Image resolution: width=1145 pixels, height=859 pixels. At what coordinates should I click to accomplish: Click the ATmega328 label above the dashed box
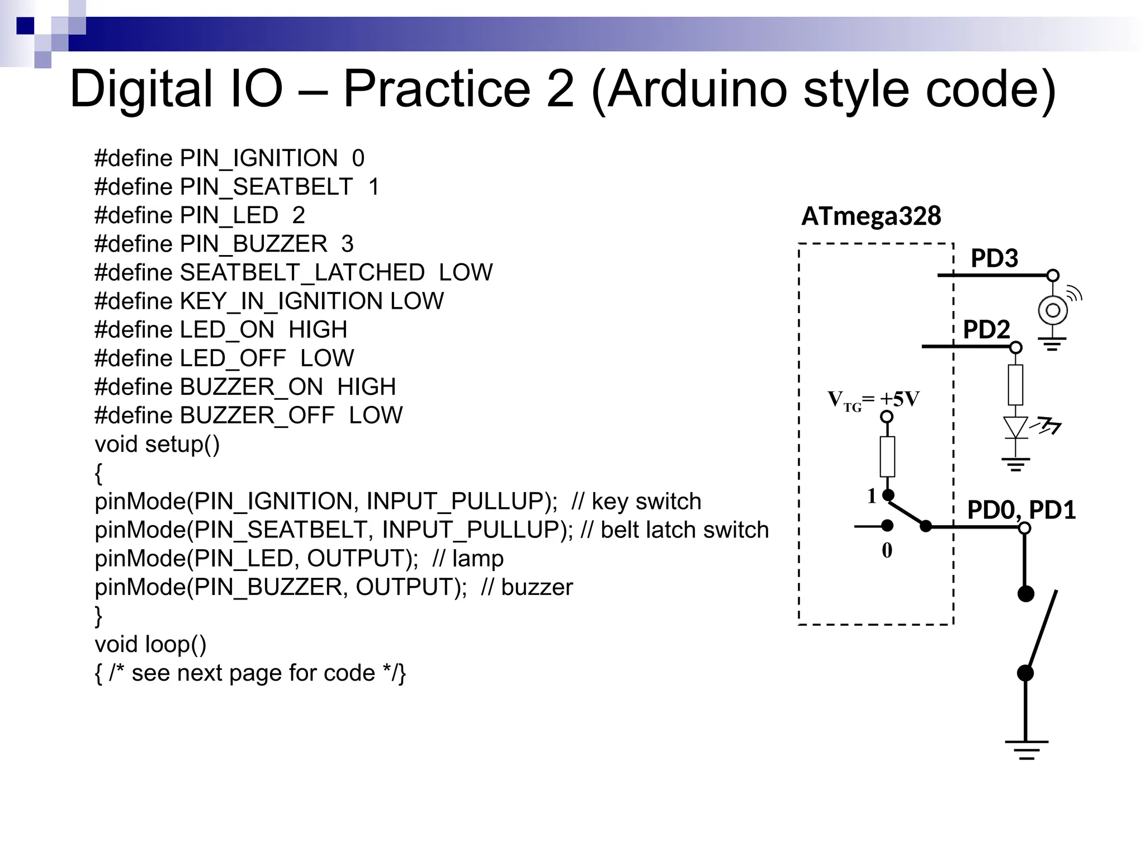pos(870,216)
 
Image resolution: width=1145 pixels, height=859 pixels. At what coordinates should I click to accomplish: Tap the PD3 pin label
pos(994,258)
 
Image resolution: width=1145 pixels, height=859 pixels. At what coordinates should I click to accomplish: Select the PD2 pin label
pos(986,329)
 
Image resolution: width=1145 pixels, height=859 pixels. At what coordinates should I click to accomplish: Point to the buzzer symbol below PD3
pos(1053,310)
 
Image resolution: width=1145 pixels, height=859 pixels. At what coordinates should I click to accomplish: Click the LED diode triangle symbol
pos(1015,428)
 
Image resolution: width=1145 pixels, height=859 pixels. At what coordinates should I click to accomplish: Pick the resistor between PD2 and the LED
pos(1015,385)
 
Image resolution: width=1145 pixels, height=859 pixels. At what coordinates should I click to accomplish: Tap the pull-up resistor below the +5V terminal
pos(887,456)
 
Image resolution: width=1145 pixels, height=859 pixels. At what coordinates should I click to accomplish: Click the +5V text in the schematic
pos(899,399)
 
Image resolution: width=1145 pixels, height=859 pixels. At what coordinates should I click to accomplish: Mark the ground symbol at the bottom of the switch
pos(1026,749)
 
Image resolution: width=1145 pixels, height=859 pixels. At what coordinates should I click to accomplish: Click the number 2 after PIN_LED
pos(299,215)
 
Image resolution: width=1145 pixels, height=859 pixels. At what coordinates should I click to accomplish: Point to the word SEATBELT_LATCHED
pos(302,273)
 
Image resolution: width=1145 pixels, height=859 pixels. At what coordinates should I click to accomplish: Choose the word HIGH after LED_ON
pos(318,330)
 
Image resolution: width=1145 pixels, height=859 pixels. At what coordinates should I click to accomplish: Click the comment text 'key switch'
pos(646,502)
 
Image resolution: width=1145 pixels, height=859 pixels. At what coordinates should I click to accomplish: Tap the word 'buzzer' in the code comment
pos(537,587)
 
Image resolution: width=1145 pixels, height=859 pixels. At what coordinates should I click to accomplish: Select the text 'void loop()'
pos(150,644)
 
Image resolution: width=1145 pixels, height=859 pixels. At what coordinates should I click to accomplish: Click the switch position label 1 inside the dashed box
pos(872,496)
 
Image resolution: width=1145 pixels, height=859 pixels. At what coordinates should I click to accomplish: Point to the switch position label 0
pos(887,551)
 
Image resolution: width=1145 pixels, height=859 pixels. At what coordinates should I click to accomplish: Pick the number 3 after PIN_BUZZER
pos(347,244)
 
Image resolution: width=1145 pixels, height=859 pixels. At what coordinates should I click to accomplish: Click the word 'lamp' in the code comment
pos(477,559)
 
